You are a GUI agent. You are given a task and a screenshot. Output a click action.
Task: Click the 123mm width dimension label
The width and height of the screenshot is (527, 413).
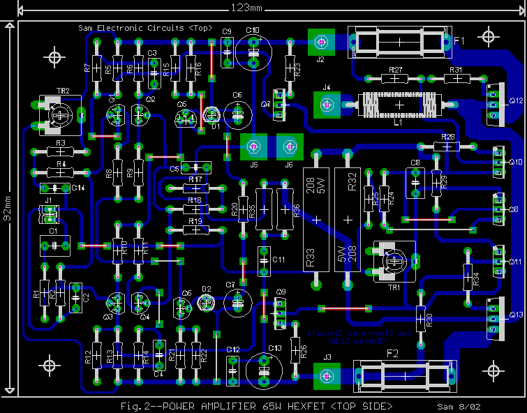246,8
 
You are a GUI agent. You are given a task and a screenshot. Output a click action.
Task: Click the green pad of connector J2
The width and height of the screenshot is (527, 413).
321,42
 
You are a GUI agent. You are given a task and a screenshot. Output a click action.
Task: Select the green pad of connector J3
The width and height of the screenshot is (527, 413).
326,375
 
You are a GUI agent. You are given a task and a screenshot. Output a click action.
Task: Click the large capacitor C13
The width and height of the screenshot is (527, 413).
264,370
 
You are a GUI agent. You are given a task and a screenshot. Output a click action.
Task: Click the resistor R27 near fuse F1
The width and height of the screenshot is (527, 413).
395,79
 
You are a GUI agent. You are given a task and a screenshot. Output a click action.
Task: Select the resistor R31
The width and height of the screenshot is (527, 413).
457,79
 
